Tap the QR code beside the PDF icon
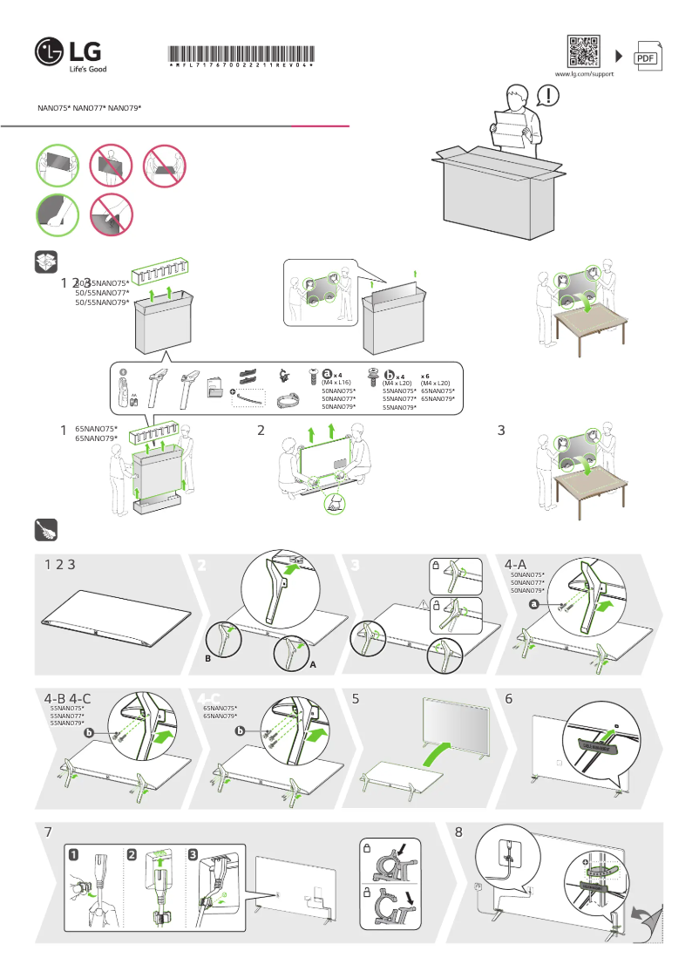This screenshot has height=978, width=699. tap(583, 51)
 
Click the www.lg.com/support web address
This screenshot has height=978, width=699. tap(584, 75)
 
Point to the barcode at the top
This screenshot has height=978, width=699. tap(240, 52)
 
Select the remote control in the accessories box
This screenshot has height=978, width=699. tap(124, 391)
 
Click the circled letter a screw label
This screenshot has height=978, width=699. tap(328, 374)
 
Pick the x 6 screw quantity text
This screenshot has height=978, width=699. tap(426, 375)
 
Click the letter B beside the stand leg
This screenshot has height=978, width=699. tap(207, 659)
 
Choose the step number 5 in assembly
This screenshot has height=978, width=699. tap(356, 698)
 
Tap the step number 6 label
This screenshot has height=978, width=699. tap(508, 698)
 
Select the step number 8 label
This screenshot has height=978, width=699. tap(458, 832)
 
